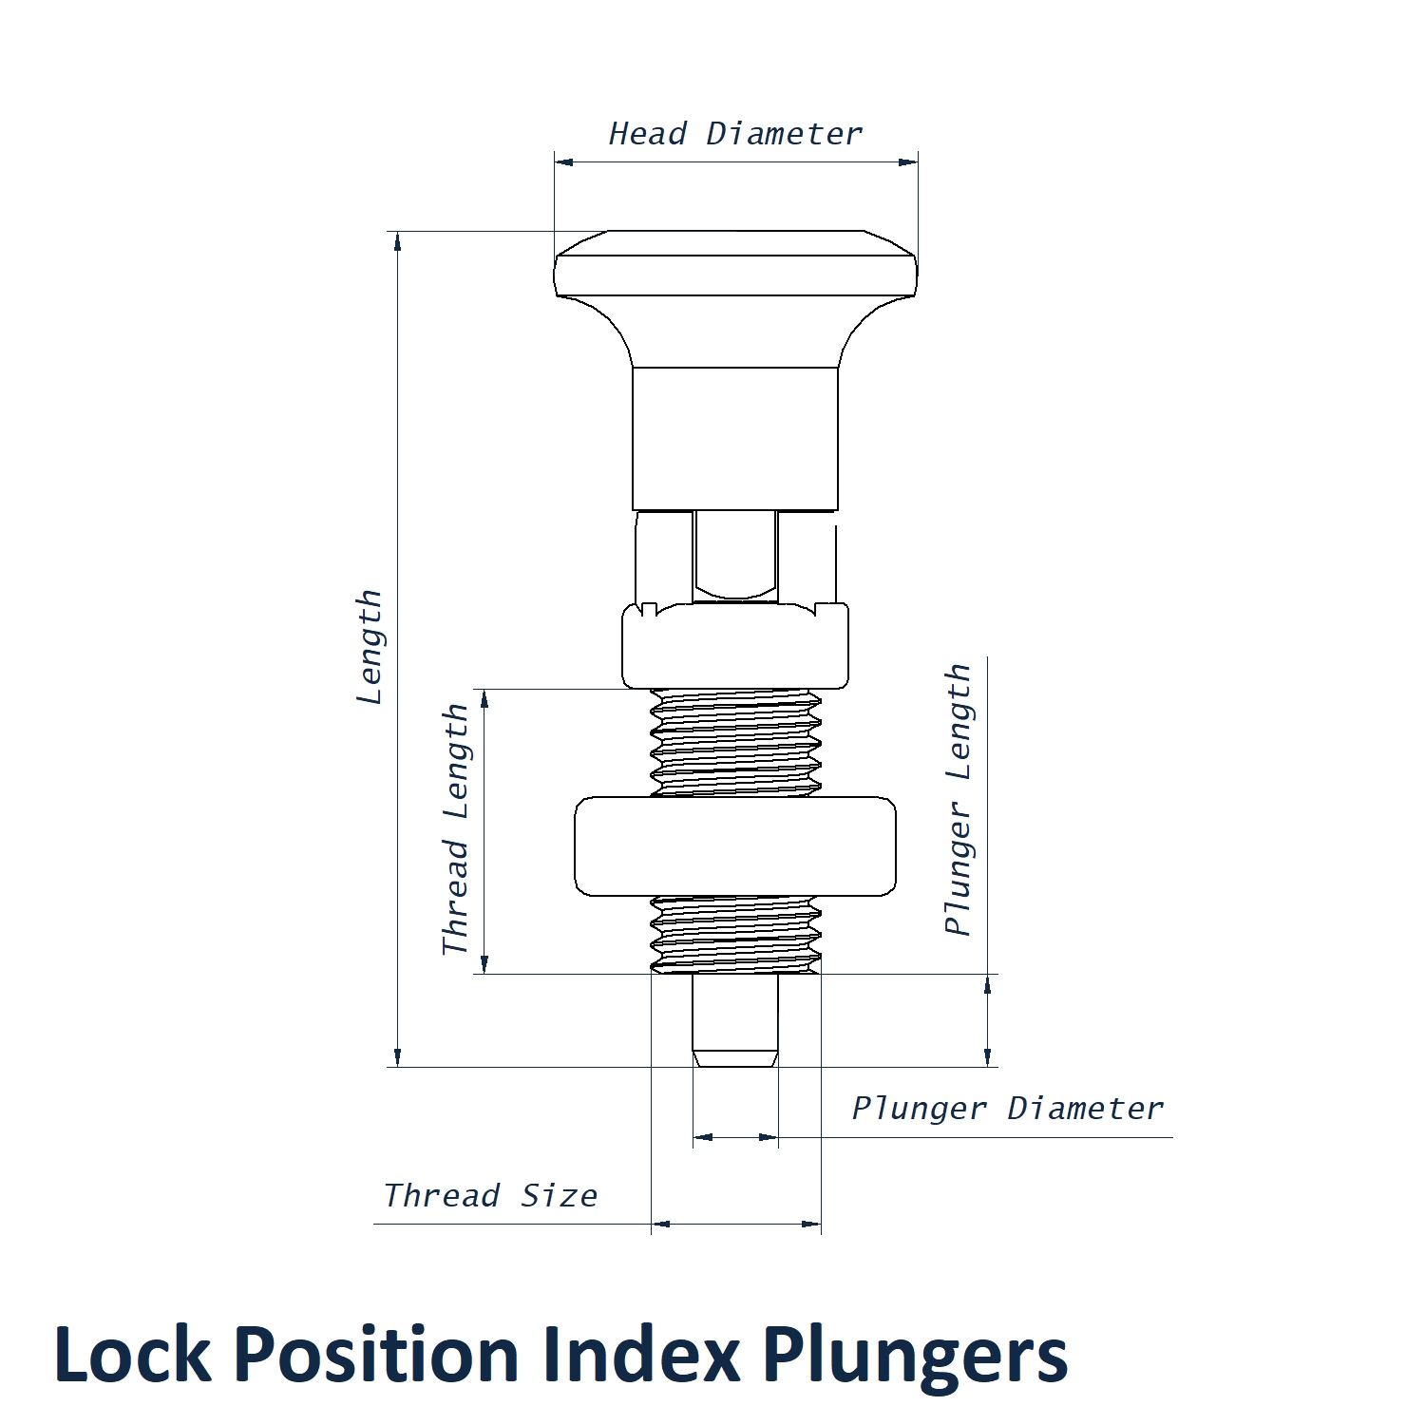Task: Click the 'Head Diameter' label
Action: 735,134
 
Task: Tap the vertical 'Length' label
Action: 369,647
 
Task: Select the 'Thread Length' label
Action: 456,829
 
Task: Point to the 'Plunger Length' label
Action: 958,799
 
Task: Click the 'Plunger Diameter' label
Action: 1007,1109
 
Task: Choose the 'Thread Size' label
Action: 490,1196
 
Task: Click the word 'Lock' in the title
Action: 132,1354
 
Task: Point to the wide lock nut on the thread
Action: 735,846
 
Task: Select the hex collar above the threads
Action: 735,646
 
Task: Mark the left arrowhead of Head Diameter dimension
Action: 563,161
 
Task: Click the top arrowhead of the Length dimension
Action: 397,241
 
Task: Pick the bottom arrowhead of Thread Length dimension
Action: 484,964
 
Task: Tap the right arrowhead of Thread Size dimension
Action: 812,1225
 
